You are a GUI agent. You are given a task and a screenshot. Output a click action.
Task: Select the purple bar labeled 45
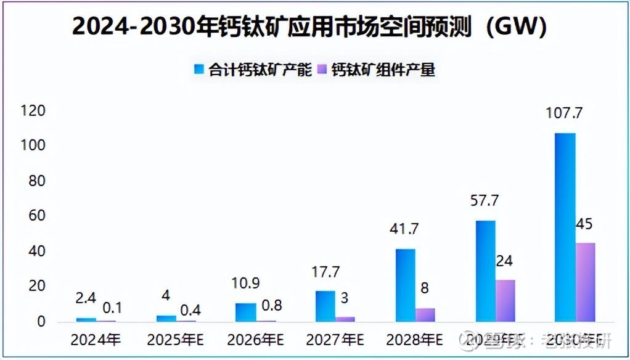click(585, 282)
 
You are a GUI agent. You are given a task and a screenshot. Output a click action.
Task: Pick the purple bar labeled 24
click(505, 300)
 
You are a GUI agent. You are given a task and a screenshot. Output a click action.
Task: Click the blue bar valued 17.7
click(325, 306)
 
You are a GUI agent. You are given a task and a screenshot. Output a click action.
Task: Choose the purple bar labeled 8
click(425, 314)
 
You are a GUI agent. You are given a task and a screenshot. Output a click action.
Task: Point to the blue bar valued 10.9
click(245, 312)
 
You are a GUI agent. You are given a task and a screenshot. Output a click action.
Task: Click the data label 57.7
click(485, 200)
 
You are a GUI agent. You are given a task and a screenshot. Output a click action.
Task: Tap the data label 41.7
click(405, 229)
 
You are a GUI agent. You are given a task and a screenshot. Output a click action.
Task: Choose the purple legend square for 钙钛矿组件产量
click(322, 69)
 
